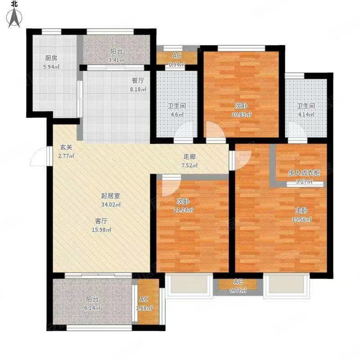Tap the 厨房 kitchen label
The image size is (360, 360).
click(x=50, y=58)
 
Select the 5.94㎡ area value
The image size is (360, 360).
click(x=51, y=67)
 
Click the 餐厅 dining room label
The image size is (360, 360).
click(x=138, y=81)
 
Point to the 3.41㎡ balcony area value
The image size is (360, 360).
click(x=116, y=60)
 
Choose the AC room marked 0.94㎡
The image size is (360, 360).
click(x=177, y=59)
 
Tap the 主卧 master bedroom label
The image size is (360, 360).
click(x=301, y=210)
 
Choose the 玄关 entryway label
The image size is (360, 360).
click(x=67, y=147)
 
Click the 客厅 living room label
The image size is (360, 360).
click(x=101, y=221)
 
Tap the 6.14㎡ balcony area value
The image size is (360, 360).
click(x=92, y=308)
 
